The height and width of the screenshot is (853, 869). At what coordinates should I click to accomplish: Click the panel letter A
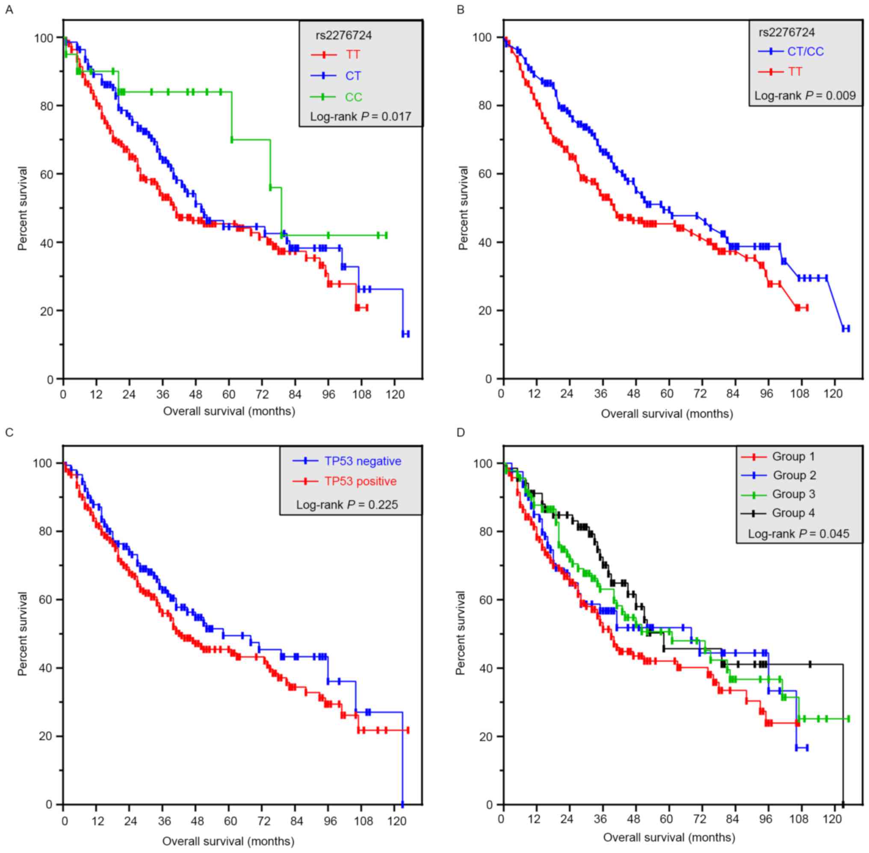point(9,9)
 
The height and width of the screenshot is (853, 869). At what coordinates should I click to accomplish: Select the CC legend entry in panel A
point(353,97)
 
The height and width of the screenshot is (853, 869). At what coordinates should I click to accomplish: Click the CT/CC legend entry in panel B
point(805,51)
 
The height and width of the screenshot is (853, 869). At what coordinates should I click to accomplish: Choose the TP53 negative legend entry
point(363,461)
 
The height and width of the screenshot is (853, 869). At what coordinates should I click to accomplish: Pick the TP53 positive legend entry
point(361,481)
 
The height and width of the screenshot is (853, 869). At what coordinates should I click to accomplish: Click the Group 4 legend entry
point(793,513)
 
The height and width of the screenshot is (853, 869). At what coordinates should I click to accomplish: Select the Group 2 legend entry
point(794,475)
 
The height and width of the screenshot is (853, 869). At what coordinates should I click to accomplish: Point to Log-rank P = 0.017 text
point(361,117)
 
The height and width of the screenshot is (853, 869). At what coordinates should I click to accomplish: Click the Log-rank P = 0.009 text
point(805,95)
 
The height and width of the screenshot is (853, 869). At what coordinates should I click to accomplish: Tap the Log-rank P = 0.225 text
point(347,505)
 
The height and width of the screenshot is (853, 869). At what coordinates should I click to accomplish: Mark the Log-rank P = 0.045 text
point(798,534)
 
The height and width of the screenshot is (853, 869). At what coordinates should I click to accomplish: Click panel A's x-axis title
point(229,411)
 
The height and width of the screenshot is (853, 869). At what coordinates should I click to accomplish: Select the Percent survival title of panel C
point(22,634)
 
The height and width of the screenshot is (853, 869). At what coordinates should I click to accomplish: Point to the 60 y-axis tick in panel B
point(485,174)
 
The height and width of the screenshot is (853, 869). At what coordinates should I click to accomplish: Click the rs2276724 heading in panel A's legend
point(344,35)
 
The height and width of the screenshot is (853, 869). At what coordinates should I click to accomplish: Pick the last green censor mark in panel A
point(386,235)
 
